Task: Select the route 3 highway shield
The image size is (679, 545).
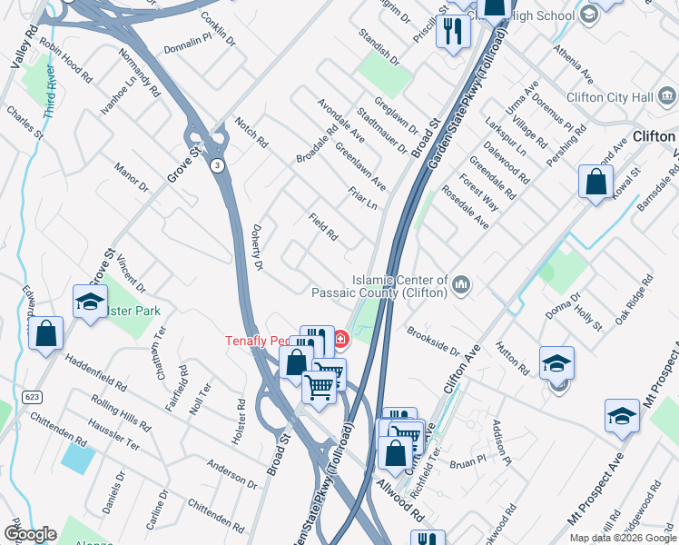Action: click(217, 165)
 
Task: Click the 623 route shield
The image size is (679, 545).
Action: click(31, 398)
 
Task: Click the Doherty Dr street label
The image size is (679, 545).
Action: click(258, 247)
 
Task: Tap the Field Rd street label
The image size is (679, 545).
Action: click(323, 227)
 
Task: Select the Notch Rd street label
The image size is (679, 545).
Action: click(251, 133)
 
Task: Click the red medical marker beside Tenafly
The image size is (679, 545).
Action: click(340, 340)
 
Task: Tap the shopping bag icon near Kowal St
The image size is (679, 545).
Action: click(595, 181)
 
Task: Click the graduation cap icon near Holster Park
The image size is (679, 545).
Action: click(91, 302)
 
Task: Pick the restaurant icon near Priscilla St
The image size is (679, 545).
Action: click(451, 32)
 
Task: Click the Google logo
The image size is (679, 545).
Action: click(30, 534)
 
